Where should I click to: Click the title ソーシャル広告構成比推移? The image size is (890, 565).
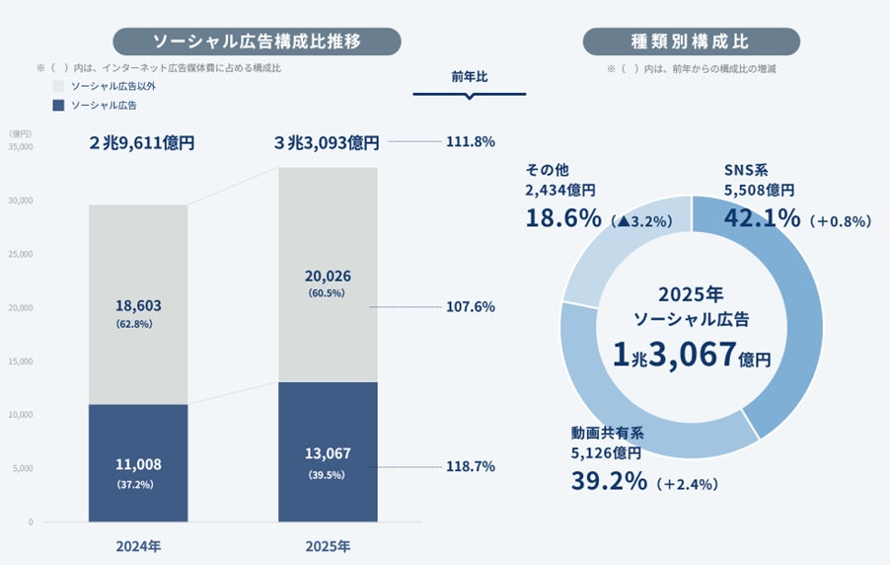coord(257,40)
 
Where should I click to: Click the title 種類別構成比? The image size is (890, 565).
coord(691,40)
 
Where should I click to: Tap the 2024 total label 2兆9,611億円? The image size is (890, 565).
coord(141,142)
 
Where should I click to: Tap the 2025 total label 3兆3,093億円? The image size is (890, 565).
coord(327,142)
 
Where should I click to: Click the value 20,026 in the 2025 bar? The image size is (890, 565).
coord(327,277)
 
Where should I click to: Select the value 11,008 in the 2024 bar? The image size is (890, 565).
coord(137,464)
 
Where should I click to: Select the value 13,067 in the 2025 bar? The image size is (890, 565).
coord(327,453)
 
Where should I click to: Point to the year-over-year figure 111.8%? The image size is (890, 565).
coord(471,141)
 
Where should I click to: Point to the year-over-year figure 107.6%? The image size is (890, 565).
coord(471,306)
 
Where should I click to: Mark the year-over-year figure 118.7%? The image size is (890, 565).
coord(471,466)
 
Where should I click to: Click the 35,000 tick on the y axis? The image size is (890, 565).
coord(20,146)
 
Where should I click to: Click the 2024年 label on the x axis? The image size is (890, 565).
coord(137,545)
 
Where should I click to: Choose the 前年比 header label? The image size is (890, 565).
coord(470,75)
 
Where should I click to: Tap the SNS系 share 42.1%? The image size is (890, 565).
coord(762,217)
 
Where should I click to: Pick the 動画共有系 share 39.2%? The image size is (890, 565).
coord(609,481)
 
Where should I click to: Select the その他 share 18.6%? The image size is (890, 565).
coord(563,217)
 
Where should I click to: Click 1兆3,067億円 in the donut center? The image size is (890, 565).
coord(691,354)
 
